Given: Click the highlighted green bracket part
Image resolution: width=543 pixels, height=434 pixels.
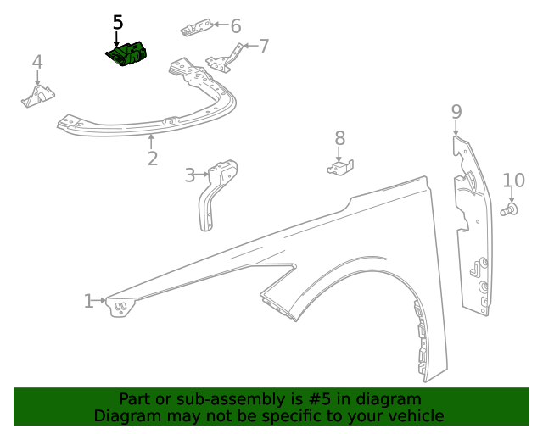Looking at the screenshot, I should [x=128, y=55].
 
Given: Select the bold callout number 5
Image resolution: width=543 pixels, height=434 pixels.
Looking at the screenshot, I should [x=118, y=23].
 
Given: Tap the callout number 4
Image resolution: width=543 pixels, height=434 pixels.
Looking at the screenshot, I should [x=37, y=62].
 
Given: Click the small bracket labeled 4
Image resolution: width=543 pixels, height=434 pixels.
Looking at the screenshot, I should [x=36, y=97].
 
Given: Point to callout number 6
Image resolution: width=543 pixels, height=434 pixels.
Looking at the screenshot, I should [x=235, y=26].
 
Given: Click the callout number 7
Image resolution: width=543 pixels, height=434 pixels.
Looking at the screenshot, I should [x=264, y=46].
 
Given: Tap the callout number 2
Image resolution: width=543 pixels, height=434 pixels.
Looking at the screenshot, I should [x=153, y=159].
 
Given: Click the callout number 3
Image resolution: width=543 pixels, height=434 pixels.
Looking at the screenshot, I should [x=190, y=175].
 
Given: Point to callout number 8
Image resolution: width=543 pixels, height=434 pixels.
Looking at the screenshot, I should [x=339, y=138].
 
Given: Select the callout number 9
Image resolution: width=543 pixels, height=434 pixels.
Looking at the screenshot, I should [x=456, y=112].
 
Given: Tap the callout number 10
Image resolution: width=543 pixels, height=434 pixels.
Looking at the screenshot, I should [x=514, y=180].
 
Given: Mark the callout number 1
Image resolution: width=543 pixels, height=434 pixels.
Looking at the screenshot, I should [x=88, y=301].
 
